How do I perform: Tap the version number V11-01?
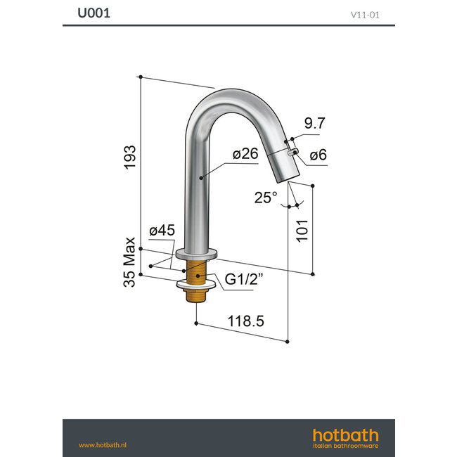[x=366, y=13]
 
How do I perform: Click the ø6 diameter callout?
[x=317, y=155]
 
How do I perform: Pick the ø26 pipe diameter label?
[x=243, y=154]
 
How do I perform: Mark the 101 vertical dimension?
[x=302, y=228]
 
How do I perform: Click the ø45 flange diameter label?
[x=161, y=231]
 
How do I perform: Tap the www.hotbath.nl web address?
[x=102, y=444]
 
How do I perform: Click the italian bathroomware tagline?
[x=345, y=446]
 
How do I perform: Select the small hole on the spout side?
[x=293, y=150]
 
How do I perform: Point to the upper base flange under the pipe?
[x=197, y=253]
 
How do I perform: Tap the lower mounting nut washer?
[x=196, y=285]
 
